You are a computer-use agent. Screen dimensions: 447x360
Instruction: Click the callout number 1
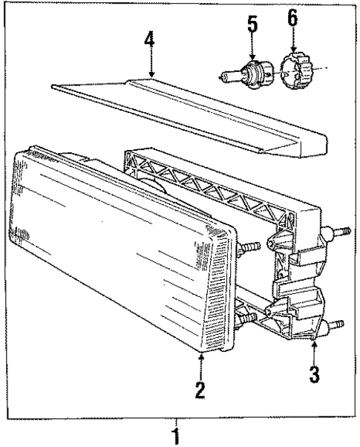[x=176, y=434]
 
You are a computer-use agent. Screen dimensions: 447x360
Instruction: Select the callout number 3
[x=315, y=373]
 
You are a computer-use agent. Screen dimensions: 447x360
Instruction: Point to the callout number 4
[x=149, y=42]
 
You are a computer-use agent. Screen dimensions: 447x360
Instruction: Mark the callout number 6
[x=292, y=20]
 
